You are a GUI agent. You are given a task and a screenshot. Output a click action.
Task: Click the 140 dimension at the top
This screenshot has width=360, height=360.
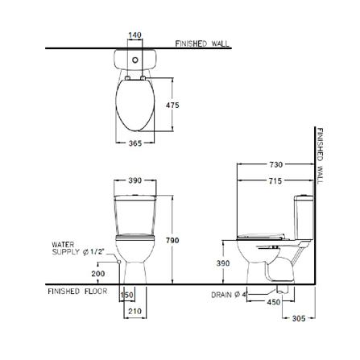tap(134, 35)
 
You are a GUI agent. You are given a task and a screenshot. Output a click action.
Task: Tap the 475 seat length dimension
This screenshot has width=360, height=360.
tap(172, 106)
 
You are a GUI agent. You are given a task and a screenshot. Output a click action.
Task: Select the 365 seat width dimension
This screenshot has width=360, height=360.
tap(134, 143)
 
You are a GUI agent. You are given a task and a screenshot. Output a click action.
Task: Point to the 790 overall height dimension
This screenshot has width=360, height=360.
tap(172, 240)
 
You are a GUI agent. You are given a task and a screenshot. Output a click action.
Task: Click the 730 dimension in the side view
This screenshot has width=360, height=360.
tap(276, 164)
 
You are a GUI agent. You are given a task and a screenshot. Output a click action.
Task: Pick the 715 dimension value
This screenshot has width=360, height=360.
tap(275, 181)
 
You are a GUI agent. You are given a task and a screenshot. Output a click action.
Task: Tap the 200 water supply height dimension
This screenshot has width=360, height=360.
tap(98, 274)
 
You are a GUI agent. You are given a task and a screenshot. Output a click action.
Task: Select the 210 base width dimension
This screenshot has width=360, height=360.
tap(134, 311)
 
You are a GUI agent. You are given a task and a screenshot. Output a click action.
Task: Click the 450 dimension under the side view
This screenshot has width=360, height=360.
tap(274, 302)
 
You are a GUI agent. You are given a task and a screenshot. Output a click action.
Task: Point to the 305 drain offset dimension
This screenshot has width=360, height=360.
tap(299, 318)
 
